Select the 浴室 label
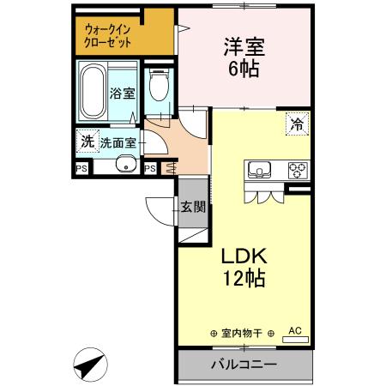[x=122, y=93]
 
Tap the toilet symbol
[x=156, y=87]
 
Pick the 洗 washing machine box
[x=87, y=141]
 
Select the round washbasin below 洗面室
[x=125, y=166]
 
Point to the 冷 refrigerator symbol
[x=296, y=123]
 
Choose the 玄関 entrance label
[x=193, y=206]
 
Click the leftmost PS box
[x=82, y=168]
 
